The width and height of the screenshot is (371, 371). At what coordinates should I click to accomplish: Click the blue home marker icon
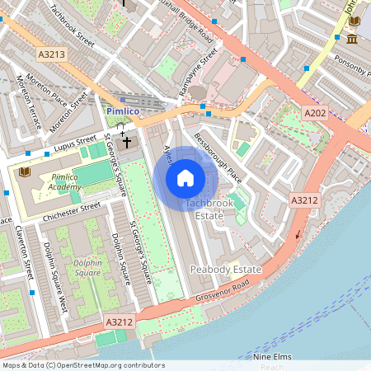[185, 178]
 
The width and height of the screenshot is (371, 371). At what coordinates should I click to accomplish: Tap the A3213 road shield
[51, 54]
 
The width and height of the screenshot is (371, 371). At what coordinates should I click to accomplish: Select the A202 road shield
[315, 113]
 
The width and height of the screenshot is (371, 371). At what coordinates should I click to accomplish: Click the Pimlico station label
[124, 110]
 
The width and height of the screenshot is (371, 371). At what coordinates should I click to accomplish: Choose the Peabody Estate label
[225, 270]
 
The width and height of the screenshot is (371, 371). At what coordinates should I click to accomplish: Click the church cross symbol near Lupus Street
[127, 141]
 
